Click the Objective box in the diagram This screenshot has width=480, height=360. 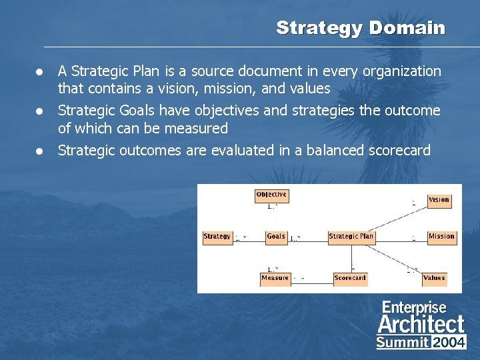pyautogui.click(x=271, y=195)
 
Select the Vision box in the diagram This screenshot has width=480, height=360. pyautogui.click(x=439, y=200)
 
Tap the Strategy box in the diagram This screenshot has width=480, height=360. pyautogui.click(x=217, y=237)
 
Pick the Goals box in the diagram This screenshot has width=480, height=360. pyautogui.click(x=275, y=237)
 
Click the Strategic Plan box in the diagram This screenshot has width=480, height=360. pyautogui.click(x=351, y=237)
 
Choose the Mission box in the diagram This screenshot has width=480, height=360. pyautogui.click(x=441, y=237)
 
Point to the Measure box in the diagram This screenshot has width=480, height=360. pyautogui.click(x=275, y=278)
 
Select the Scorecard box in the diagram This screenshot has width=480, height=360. pyautogui.click(x=350, y=278)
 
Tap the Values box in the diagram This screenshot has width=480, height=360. pyautogui.click(x=434, y=278)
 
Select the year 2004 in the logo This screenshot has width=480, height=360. pyautogui.click(x=449, y=342)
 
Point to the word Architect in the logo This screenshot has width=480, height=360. pyautogui.click(x=421, y=325)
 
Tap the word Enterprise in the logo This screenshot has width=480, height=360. pyautogui.click(x=414, y=307)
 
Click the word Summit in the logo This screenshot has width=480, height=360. pyautogui.click(x=403, y=342)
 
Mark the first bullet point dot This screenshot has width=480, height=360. pyautogui.click(x=41, y=71)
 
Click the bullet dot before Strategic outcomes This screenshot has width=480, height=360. pyautogui.click(x=41, y=151)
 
